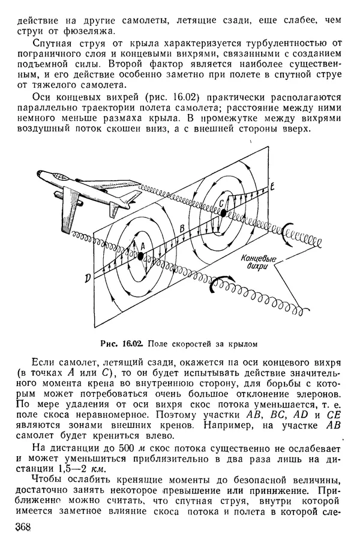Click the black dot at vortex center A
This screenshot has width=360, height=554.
tap(140, 256)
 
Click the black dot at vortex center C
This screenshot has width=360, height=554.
tap(223, 212)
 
